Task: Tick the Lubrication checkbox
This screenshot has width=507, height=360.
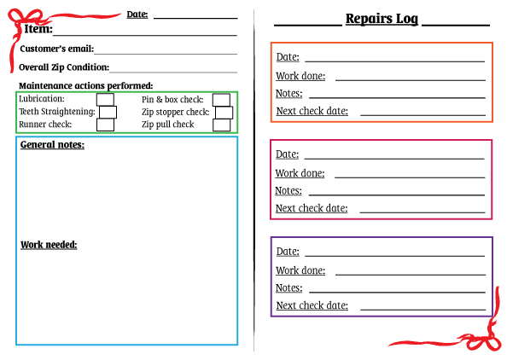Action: coord(105,100)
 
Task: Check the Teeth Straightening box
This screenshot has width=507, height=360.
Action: coord(108,112)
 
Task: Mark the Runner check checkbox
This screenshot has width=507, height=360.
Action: coord(105,125)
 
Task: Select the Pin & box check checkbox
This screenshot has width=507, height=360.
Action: coord(221,100)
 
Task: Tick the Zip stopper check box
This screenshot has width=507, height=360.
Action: coord(224,113)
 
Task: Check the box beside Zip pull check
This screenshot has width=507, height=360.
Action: coord(221,125)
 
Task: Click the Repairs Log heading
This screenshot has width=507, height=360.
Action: coord(382,19)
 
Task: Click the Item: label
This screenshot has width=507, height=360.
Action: coord(38,29)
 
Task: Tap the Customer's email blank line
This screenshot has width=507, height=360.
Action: coord(166,54)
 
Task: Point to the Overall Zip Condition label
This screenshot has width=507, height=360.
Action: coord(64,67)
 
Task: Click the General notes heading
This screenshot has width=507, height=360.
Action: coord(52,144)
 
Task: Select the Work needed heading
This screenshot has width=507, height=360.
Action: coord(49,245)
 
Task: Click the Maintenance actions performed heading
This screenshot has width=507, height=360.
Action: coord(85,85)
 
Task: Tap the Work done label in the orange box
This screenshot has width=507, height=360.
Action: coord(300,76)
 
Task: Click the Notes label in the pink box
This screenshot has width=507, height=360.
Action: coord(288,191)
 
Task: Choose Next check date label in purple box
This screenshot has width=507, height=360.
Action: coord(312,305)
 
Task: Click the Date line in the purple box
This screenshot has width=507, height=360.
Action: coord(395,256)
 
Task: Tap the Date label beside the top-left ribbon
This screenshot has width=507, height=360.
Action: coord(137,15)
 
